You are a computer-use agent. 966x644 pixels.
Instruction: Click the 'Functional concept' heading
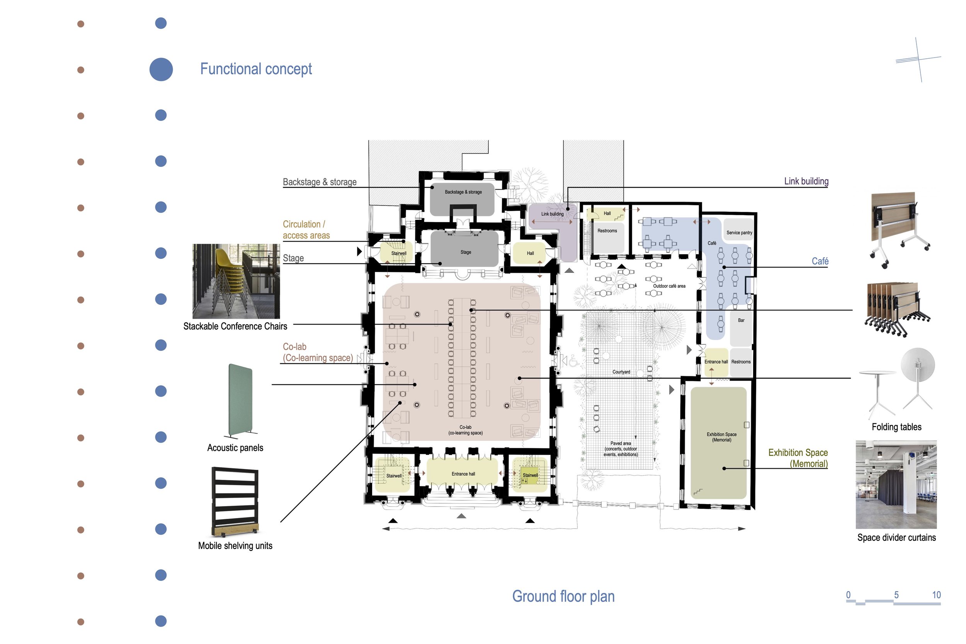[256, 69]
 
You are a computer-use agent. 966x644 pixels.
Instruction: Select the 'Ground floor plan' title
[563, 596]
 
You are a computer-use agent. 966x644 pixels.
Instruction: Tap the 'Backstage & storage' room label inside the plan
[463, 192]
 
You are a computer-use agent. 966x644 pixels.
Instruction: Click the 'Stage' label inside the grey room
[466, 252]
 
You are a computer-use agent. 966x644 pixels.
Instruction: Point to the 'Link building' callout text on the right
[806, 181]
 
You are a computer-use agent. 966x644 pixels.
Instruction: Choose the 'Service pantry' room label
[739, 233]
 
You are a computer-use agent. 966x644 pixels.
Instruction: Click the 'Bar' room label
[741, 320]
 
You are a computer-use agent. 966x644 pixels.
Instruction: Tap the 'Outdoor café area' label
[669, 286]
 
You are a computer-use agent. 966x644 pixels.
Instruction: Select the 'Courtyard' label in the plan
[621, 372]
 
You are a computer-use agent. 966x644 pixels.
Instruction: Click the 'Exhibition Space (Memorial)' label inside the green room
[722, 437]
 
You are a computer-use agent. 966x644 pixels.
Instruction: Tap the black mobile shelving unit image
[235, 502]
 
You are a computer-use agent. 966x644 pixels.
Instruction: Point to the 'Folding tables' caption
[896, 427]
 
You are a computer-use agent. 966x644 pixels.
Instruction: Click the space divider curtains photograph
[896, 485]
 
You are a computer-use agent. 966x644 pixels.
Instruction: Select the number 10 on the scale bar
[936, 595]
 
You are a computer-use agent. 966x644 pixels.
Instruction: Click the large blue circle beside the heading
[161, 70]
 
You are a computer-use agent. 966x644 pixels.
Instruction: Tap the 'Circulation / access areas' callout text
[306, 229]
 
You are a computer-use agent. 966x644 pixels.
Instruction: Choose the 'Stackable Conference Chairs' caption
[235, 326]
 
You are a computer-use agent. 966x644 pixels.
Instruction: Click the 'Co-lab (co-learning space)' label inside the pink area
[465, 430]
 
